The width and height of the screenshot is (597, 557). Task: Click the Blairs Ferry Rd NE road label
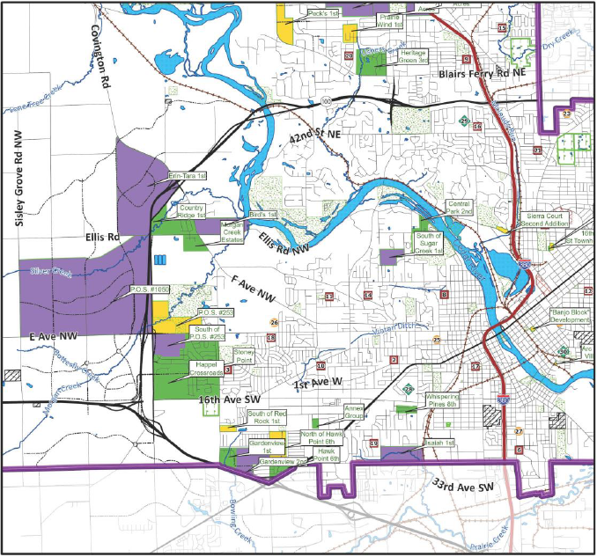(482, 77)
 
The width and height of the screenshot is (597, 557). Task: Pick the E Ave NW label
(53, 337)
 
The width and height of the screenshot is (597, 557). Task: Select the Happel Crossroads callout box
(208, 370)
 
